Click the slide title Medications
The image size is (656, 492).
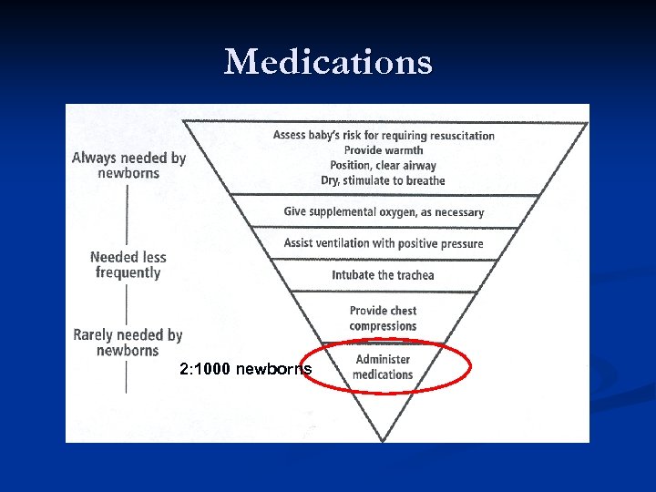tap(328, 62)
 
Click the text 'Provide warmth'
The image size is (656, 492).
tap(384, 150)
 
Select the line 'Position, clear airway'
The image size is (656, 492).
tap(384, 165)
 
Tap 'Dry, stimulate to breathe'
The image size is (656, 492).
tap(384, 180)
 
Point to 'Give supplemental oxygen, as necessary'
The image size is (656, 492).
tap(384, 211)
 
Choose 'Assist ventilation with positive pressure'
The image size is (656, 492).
tap(384, 243)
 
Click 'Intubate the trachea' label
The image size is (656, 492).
tap(383, 275)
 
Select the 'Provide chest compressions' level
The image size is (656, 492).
tap(383, 318)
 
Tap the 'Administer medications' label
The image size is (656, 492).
tap(384, 366)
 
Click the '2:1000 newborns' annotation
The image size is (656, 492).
tap(246, 369)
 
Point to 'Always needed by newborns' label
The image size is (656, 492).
tap(128, 165)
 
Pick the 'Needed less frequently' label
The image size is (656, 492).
tap(128, 264)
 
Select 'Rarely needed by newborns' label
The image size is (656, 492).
tap(128, 343)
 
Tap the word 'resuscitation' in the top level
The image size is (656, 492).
tap(460, 136)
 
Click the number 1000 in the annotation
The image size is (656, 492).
tap(214, 369)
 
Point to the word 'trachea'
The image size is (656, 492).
tap(411, 275)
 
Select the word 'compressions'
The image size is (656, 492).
tap(383, 326)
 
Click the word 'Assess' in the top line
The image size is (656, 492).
tap(290, 136)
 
